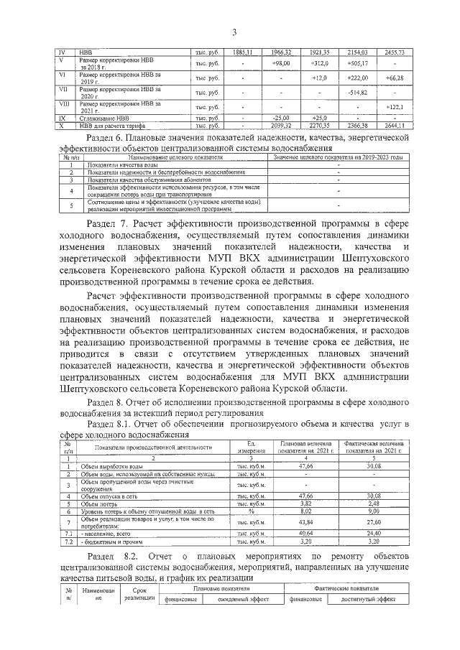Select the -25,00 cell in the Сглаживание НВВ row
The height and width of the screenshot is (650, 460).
coord(281,118)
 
